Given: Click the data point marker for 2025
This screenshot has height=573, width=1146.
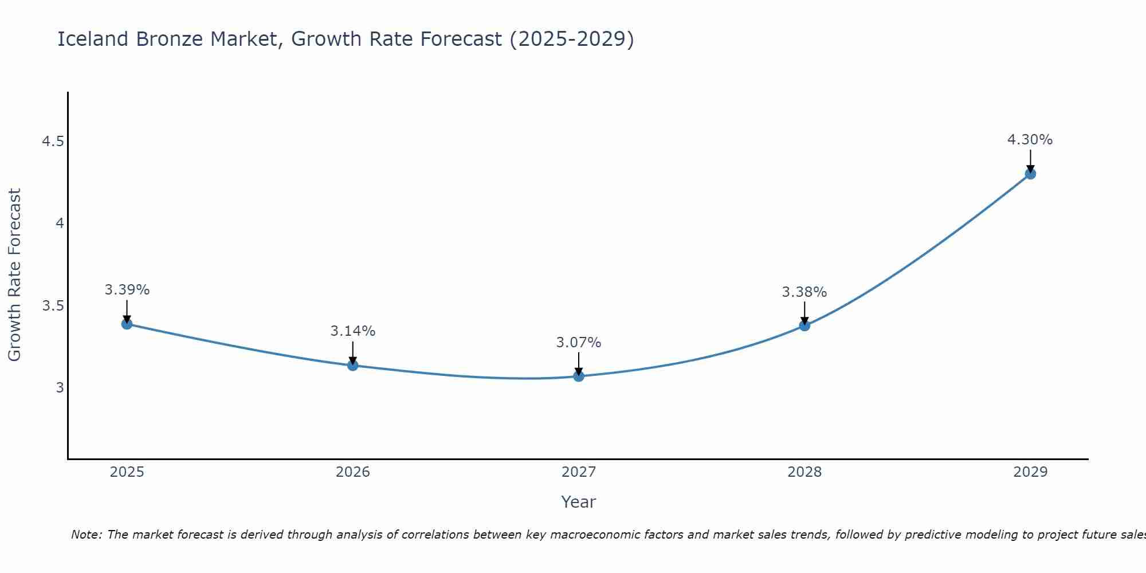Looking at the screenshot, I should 127,324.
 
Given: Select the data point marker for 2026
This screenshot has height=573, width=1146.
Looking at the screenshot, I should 352,366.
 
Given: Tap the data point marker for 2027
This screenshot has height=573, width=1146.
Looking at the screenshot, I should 578,376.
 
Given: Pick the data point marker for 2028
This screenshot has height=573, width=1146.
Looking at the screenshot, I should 804,326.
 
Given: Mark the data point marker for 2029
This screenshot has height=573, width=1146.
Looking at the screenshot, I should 1030,174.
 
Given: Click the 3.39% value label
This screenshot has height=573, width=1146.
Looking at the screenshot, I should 127,290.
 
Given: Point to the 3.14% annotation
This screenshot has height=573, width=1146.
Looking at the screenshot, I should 352,331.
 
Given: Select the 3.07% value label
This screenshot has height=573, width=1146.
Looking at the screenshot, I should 578,343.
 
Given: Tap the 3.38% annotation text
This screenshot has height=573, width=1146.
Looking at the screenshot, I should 804,292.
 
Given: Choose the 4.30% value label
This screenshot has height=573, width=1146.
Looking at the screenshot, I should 1030,140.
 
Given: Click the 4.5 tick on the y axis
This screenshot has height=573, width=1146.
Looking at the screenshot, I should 53,142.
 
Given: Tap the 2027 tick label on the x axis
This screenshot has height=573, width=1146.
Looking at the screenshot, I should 578,472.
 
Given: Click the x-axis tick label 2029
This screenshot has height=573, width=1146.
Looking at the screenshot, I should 1030,472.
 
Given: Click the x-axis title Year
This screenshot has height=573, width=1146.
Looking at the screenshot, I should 578,502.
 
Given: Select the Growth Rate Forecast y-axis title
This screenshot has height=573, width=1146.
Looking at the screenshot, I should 14,275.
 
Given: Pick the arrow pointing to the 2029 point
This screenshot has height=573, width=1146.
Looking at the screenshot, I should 1030,161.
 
